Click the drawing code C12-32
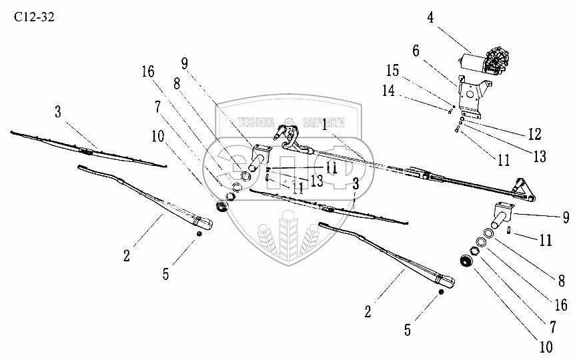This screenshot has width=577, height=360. coord(34,18)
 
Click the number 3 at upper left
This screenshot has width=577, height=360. coord(59,111)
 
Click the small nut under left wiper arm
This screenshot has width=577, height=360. coord(199,233)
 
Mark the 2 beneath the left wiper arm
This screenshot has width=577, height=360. coord(126,255)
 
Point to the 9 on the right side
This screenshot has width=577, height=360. coord(566,216)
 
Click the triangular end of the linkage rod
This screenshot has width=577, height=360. coord(524,191)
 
